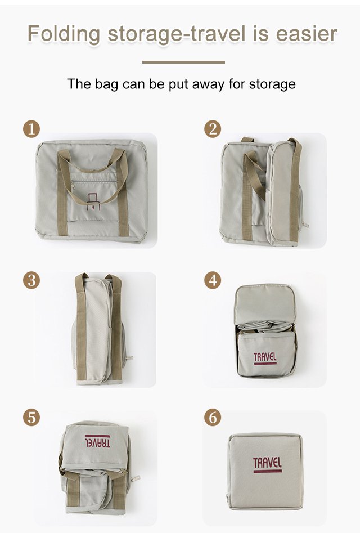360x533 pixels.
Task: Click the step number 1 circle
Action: (31, 129)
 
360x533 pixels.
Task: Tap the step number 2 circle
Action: (213, 129)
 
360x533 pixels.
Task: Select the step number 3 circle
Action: (31, 280)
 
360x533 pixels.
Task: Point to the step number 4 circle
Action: (213, 280)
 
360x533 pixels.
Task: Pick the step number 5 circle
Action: (31, 418)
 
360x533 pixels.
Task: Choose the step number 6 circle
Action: (213, 418)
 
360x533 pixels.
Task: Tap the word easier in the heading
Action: (307, 34)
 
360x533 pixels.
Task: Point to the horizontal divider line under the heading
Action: (183, 62)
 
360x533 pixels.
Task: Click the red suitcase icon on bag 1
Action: (93, 201)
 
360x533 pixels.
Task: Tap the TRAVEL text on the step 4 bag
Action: (265, 359)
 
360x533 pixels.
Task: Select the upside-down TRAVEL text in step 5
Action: (97, 441)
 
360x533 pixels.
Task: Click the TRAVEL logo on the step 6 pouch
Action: (267, 465)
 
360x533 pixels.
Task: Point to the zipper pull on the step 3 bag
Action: (129, 358)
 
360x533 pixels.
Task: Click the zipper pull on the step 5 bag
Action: (135, 478)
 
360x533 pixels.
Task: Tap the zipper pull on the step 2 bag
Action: (305, 225)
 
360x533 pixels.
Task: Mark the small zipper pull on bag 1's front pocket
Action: (73, 186)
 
